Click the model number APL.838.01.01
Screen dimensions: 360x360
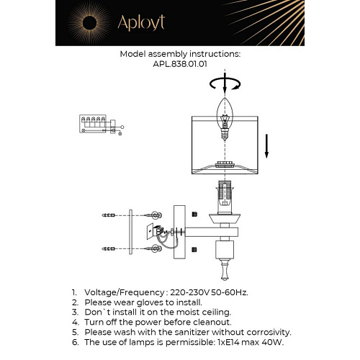click(180, 63)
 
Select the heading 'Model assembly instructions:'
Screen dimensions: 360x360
click(180, 53)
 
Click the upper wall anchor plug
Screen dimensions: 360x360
click(109, 215)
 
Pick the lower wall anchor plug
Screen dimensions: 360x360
click(109, 248)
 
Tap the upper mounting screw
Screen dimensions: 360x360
click(153, 215)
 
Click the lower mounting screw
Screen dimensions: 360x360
click(153, 248)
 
